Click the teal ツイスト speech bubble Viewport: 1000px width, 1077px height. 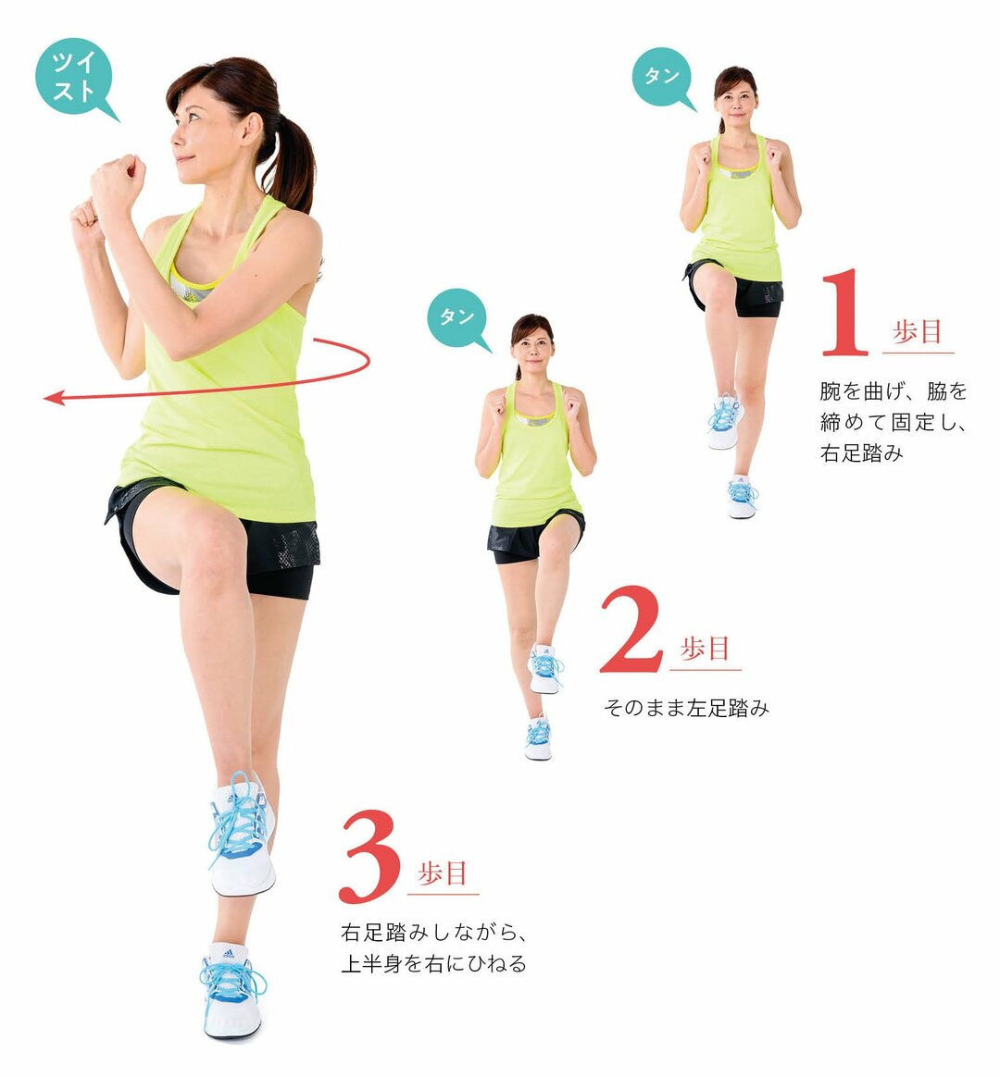click(x=74, y=78)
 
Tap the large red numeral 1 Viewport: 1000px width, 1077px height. click(x=844, y=314)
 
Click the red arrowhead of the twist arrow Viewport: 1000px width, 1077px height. click(x=54, y=398)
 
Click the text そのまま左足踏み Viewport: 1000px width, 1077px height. click(x=686, y=709)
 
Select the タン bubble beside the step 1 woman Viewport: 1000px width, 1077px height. click(x=661, y=77)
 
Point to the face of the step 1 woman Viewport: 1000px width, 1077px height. click(x=735, y=98)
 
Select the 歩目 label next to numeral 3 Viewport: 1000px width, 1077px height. click(x=444, y=873)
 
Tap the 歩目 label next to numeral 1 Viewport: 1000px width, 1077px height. click(x=918, y=332)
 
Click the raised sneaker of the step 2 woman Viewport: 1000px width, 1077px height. click(x=544, y=669)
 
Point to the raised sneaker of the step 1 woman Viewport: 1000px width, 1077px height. click(x=724, y=421)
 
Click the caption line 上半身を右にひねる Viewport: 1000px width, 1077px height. click(x=433, y=964)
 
